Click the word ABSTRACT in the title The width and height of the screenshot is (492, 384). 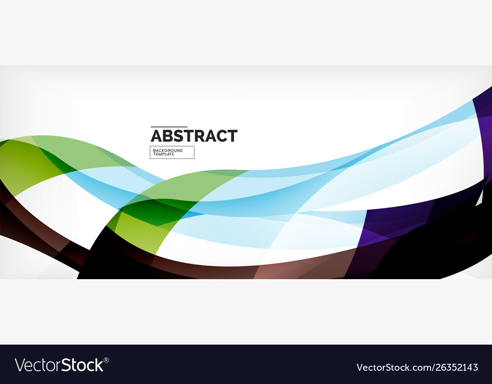194,136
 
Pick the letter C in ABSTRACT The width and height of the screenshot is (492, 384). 222,136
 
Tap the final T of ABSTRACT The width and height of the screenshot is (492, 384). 233,136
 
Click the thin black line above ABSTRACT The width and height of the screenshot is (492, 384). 169,127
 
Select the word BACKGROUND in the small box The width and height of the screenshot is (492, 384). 167,150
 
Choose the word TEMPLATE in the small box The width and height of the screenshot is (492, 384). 163,155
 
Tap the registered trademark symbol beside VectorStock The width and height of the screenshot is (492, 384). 106,360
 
